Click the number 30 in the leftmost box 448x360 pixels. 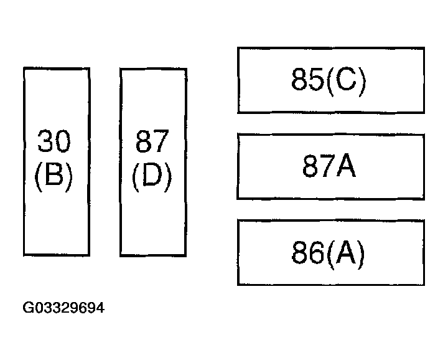click(x=54, y=141)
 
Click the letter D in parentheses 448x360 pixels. click(x=152, y=174)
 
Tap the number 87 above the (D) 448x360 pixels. click(x=152, y=141)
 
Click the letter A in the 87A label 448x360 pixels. click(x=346, y=166)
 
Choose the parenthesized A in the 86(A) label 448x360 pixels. click(x=345, y=252)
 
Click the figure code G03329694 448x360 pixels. click(x=63, y=308)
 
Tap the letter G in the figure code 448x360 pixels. click(x=28, y=308)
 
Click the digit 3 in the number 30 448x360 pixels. click(x=45, y=141)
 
